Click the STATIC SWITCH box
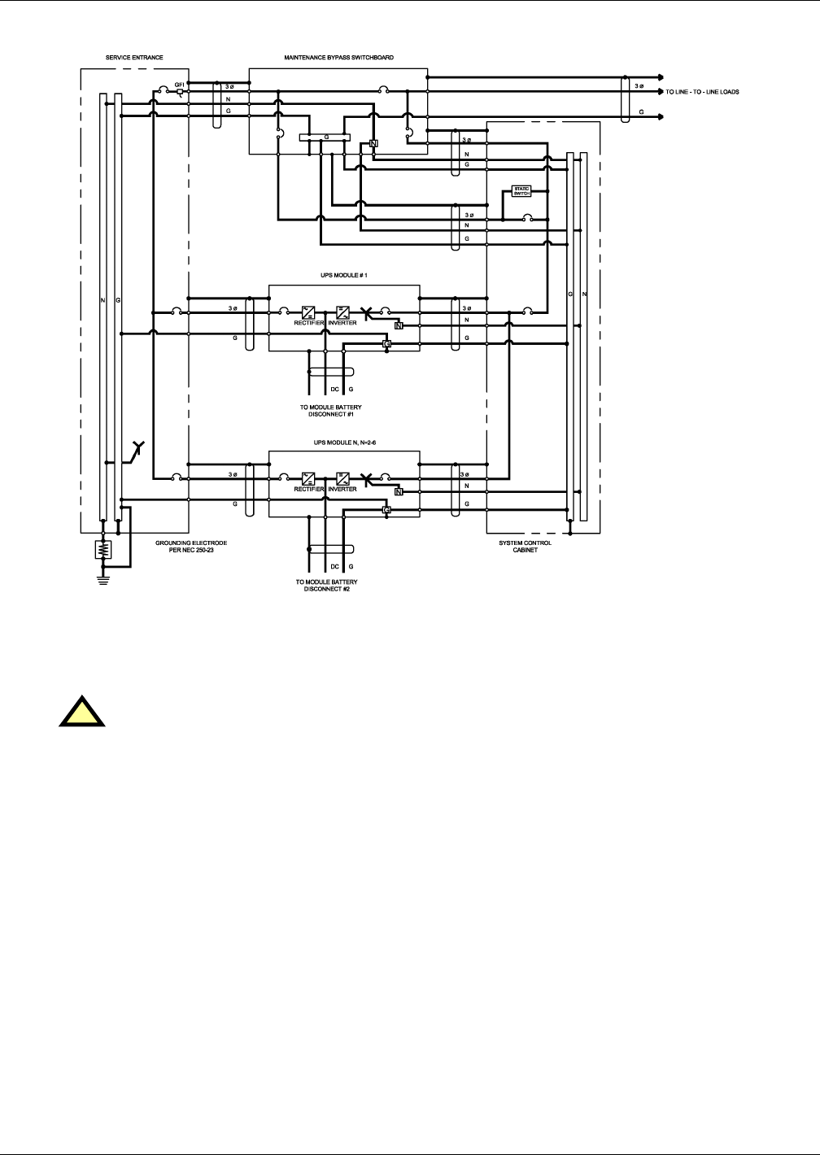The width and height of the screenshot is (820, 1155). click(521, 191)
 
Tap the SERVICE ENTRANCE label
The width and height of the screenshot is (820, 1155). click(135, 58)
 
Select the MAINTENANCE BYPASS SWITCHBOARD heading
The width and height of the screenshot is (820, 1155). click(339, 58)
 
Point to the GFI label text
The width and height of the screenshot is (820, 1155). click(180, 85)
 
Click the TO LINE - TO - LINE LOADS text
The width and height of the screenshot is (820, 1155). click(702, 92)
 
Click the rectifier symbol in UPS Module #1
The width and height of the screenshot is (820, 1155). click(308, 312)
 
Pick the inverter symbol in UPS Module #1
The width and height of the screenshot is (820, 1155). click(342, 312)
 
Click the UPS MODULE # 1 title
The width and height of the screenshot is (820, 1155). click(344, 276)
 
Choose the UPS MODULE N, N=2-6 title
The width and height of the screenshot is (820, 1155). click(344, 442)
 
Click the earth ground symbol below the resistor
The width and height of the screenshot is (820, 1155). click(102, 580)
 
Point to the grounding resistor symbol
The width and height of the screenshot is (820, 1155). click(102, 550)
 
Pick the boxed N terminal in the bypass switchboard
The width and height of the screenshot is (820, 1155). click(373, 143)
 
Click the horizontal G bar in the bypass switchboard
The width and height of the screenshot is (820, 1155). click(325, 137)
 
